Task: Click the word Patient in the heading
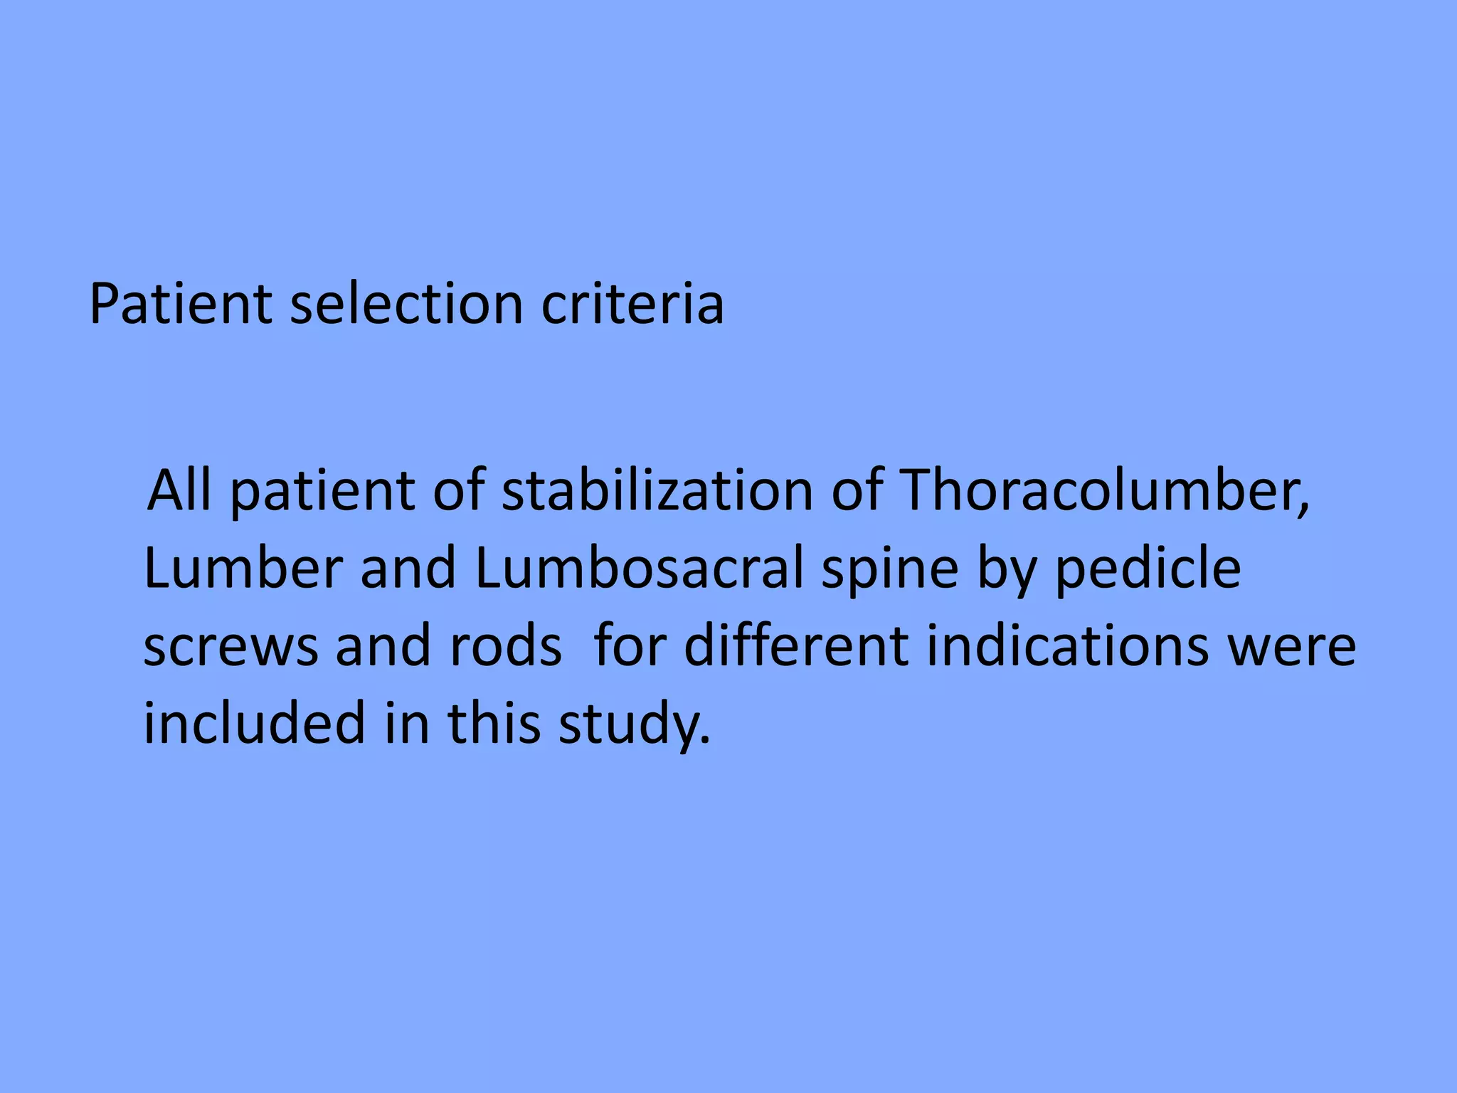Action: coord(181,305)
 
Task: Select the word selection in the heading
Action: coord(406,305)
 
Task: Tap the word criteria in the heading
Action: coord(632,305)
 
